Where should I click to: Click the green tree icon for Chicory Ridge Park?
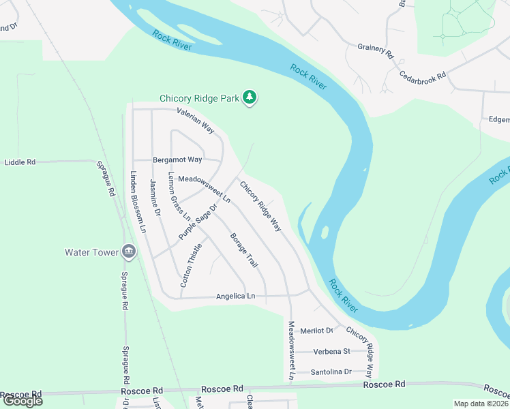pos(251,98)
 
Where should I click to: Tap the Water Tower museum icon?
pos(129,252)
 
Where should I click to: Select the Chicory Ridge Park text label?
pos(199,98)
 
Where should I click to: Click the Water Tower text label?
pos(91,252)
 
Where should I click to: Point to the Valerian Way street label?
pos(196,120)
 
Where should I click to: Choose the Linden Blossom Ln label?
pos(134,202)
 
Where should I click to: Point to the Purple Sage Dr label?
pos(198,222)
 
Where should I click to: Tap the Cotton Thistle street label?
pos(191,265)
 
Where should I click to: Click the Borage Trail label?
pos(244,250)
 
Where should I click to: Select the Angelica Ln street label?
pos(235,297)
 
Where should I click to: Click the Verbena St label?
pos(331,352)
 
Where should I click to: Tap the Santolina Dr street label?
pos(331,372)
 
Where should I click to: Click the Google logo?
pos(22,401)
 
